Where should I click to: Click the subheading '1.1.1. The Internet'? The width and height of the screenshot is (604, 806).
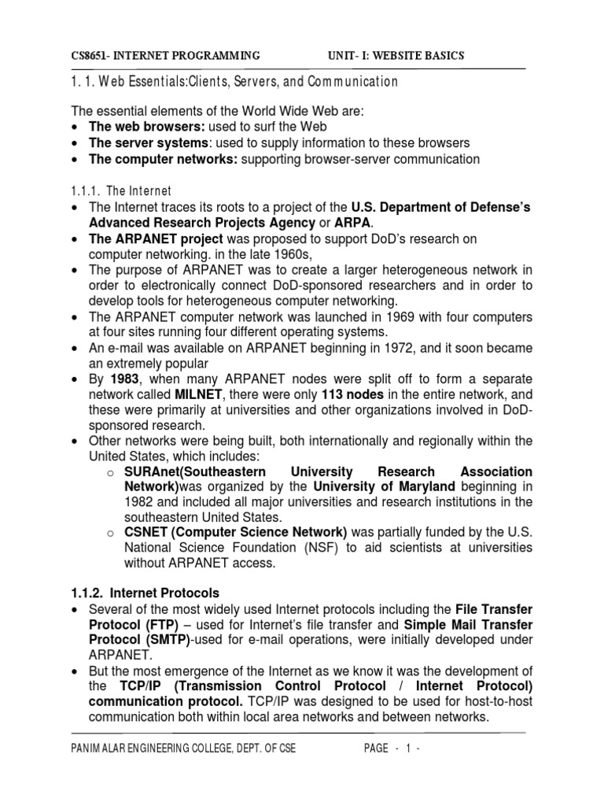[126, 190]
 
